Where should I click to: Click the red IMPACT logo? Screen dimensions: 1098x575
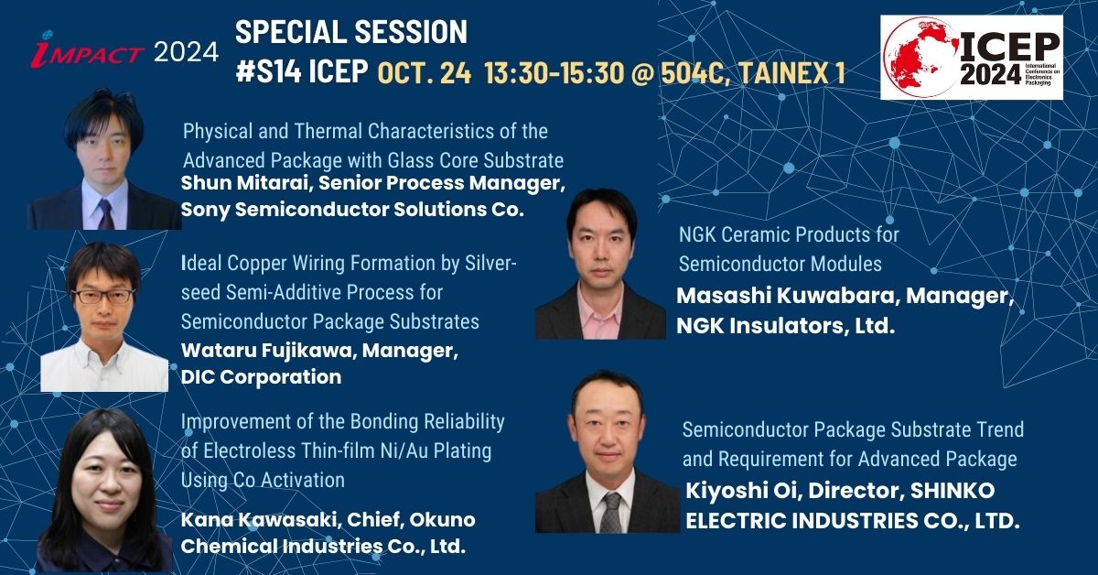tap(87, 50)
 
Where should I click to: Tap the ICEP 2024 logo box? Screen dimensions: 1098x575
tap(972, 58)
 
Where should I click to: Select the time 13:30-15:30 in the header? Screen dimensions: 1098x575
tap(554, 72)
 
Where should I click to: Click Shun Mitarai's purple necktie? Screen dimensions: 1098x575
tap(105, 215)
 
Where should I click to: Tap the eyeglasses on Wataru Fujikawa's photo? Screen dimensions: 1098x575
tap(102, 296)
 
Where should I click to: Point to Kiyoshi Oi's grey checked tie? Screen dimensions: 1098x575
tap(611, 513)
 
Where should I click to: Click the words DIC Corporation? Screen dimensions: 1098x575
tap(262, 377)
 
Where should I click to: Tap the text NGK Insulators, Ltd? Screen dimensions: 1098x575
tap(786, 326)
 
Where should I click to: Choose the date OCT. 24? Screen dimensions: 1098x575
tap(424, 73)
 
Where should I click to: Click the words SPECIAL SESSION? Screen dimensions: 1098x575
tap(351, 32)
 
